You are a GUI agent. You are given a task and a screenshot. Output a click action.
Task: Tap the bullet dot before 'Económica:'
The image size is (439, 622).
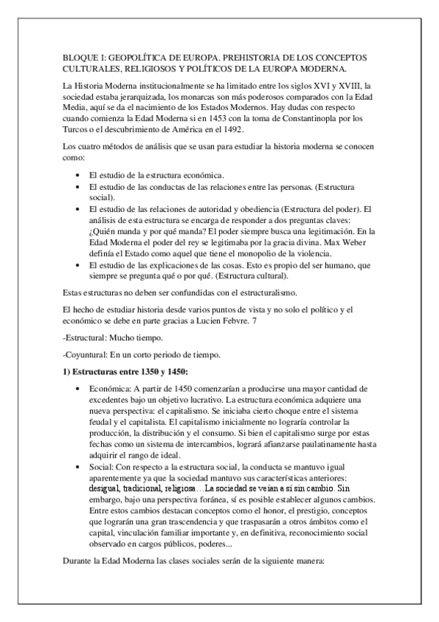click(78, 387)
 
